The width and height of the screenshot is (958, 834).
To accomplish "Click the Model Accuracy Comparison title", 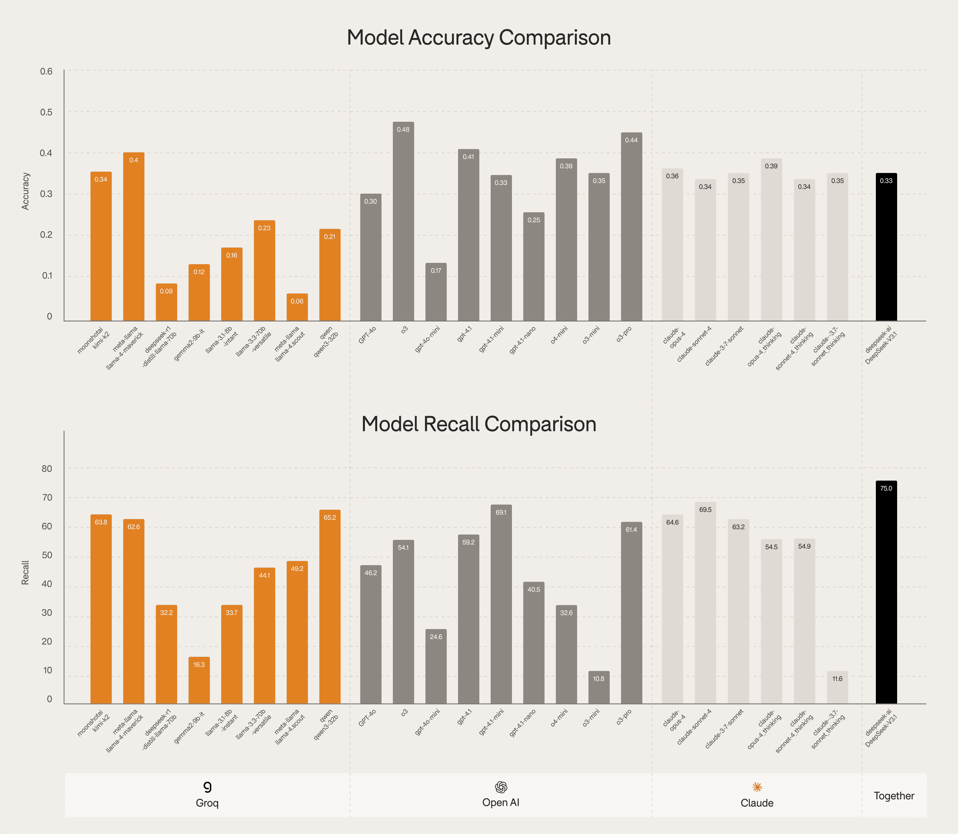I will (479, 38).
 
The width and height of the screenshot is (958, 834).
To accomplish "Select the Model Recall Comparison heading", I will (479, 424).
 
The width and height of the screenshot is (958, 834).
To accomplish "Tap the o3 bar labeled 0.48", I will (403, 223).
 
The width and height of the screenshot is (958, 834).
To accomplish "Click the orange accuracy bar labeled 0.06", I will (297, 308).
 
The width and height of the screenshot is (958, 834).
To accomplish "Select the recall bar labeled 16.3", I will (199, 682).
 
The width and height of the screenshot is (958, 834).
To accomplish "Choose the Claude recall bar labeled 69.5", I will (706, 605).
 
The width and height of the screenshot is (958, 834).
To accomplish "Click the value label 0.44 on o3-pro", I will (631, 140).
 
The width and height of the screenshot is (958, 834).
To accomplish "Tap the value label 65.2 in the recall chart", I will (330, 518).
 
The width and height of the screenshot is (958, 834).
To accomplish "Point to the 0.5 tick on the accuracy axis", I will (47, 112).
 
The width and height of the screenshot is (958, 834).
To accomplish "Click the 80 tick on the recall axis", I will (47, 469).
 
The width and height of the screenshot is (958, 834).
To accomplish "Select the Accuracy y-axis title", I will (26, 191).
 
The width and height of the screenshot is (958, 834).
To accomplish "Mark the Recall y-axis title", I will (26, 572).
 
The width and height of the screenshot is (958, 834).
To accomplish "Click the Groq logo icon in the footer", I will (208, 786).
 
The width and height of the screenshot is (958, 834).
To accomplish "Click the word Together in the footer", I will (894, 796).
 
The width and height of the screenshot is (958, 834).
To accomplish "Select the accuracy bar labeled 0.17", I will (436, 293).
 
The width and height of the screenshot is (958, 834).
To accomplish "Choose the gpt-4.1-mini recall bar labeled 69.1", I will (501, 605).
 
